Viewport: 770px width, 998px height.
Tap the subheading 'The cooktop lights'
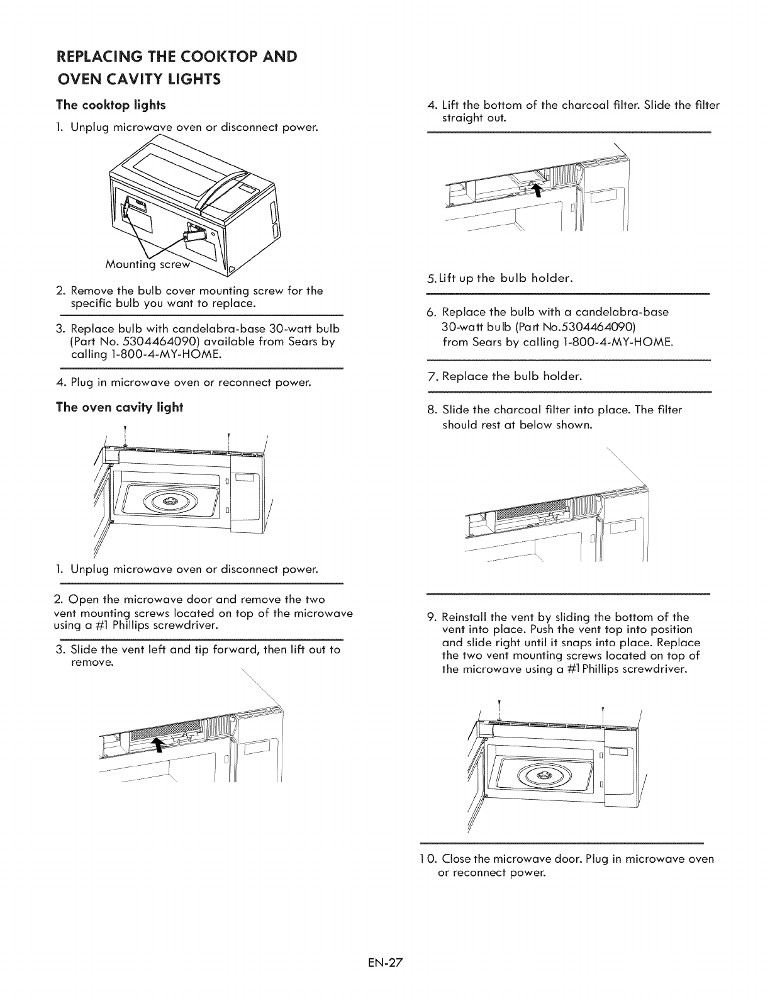[x=111, y=104]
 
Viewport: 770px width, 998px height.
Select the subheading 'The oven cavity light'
[x=120, y=407]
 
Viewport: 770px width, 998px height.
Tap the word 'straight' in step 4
[x=462, y=118]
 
